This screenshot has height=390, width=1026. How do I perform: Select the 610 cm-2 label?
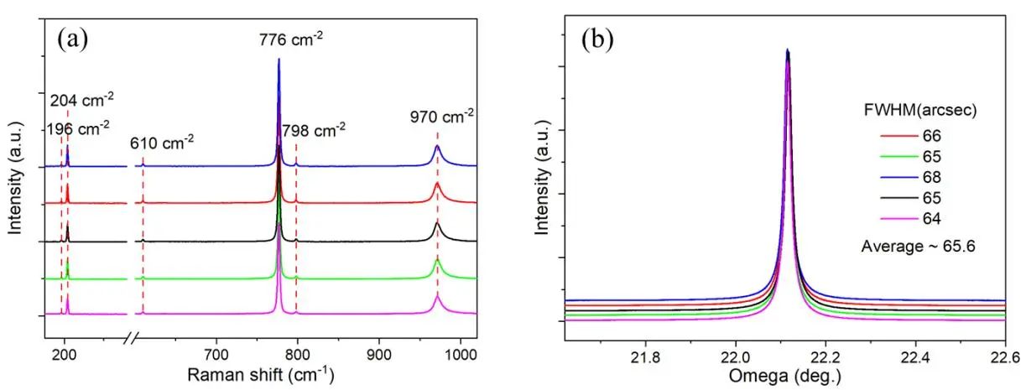[x=162, y=143]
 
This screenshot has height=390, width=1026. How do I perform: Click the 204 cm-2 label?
[x=81, y=101]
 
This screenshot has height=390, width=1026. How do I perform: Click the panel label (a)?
[x=73, y=39]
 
